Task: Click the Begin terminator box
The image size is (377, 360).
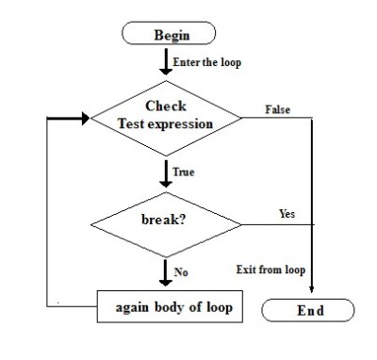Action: coord(171,35)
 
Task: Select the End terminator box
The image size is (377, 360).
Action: coord(309,310)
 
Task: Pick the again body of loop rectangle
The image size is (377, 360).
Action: coord(169,307)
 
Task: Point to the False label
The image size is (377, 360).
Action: coord(278,109)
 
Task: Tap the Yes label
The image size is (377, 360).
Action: coord(287,214)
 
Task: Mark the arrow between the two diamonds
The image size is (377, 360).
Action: coord(167,173)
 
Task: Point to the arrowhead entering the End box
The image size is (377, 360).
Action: coord(310,292)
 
